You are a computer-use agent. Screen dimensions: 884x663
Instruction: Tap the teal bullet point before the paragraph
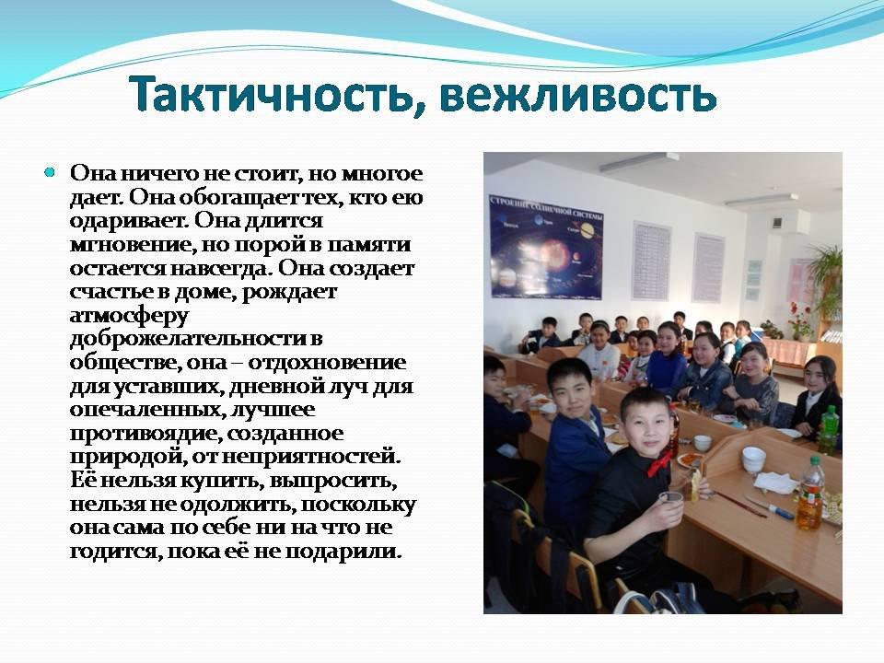click(50, 172)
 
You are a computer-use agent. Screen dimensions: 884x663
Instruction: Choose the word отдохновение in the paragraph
click(327, 363)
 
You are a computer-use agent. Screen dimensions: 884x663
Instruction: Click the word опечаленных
click(146, 410)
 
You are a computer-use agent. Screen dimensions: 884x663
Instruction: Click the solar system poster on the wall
click(545, 247)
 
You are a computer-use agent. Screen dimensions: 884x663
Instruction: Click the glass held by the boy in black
click(671, 504)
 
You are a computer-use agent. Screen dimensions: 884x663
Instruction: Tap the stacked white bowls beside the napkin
click(753, 460)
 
